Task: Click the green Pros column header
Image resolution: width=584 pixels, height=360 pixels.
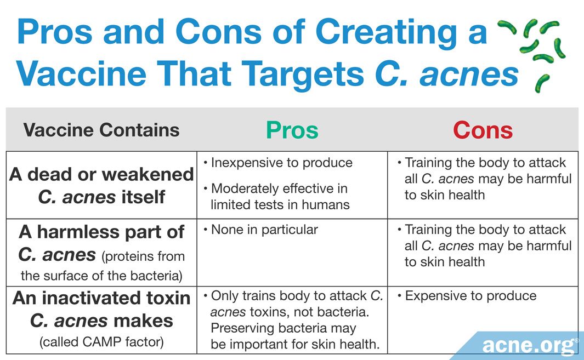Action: [x=292, y=130]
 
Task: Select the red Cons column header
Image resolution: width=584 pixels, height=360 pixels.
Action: [x=483, y=130]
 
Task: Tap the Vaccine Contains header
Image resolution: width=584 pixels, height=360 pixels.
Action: [x=101, y=130]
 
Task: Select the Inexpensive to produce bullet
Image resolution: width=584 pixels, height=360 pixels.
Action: [x=278, y=163]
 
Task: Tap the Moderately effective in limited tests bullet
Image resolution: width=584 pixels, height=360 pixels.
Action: [x=276, y=197]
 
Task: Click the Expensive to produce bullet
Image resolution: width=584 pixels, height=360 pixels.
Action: [x=467, y=296]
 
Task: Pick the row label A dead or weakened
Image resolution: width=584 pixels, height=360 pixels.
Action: [x=101, y=174]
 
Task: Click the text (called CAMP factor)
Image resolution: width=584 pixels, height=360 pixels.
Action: [x=101, y=342]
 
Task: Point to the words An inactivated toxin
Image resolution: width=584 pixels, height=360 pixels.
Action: [x=101, y=298]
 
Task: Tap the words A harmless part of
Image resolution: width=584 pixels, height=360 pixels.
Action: [x=101, y=232]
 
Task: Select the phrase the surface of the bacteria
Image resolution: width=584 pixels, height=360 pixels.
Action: [x=101, y=276]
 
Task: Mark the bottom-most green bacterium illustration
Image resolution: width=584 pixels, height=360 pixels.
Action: [x=542, y=83]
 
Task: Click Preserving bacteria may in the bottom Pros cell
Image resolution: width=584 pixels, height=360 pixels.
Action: [x=284, y=328]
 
